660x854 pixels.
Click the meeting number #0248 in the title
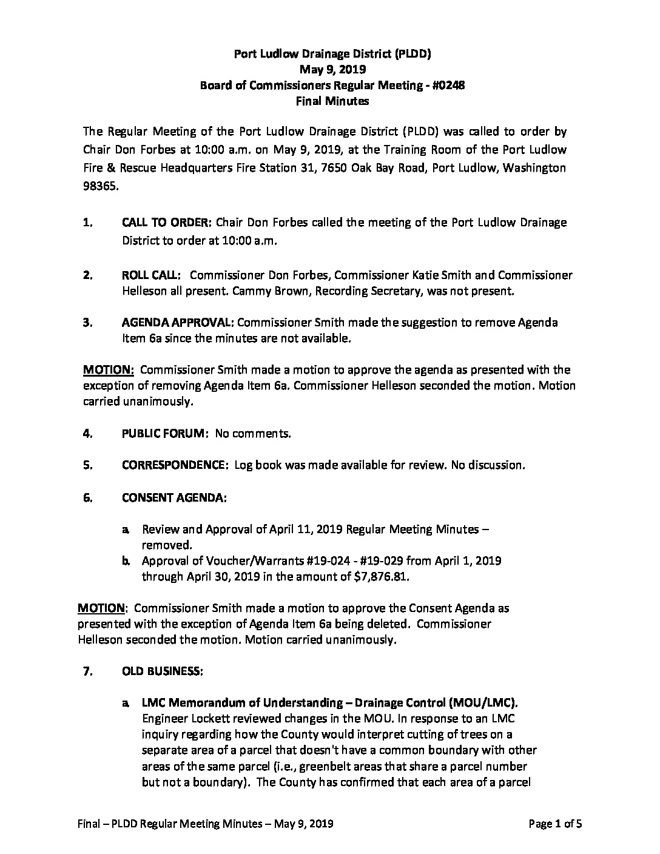[447, 86]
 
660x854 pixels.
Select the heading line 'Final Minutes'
[332, 101]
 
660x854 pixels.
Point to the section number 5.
[87, 465]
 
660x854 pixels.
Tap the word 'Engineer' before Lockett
[164, 719]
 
